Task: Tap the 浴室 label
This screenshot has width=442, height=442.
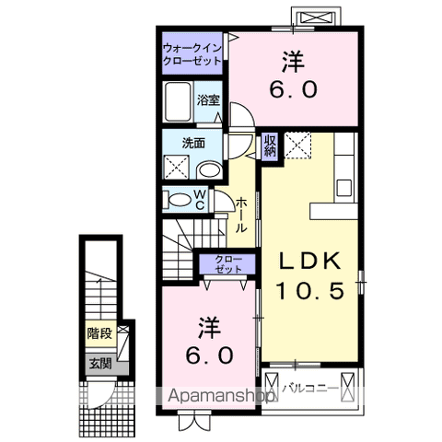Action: tap(208, 99)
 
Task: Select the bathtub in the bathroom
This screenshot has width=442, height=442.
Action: tap(178, 100)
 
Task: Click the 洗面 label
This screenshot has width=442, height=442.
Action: tap(192, 144)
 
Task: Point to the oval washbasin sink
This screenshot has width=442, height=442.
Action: tap(210, 169)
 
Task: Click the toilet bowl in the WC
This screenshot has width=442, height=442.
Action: tap(175, 200)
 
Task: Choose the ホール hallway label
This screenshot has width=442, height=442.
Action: tap(241, 214)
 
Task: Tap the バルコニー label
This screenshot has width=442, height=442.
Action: tap(308, 386)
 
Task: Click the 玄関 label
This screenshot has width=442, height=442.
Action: tap(99, 362)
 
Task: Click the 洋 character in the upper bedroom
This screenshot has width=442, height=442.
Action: tap(294, 62)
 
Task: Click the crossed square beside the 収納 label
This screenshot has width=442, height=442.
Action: tap(297, 145)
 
